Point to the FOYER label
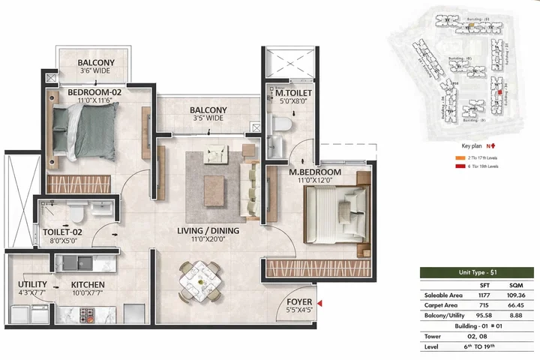(x=300, y=303)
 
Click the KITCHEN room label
(x=88, y=285)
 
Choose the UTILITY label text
(x=31, y=284)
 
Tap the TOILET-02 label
(x=62, y=232)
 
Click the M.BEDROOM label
(x=315, y=172)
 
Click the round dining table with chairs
(x=200, y=280)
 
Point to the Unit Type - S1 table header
(x=477, y=273)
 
